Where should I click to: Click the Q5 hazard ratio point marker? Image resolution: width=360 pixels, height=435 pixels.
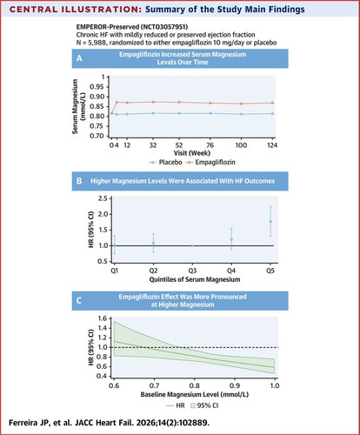coord(270,221)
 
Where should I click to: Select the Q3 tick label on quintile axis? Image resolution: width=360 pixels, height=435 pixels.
coord(192,271)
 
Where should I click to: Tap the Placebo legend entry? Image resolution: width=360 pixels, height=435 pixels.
coord(165,163)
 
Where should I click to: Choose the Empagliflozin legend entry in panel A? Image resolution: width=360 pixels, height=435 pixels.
coord(210,163)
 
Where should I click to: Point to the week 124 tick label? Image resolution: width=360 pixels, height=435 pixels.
coord(272,145)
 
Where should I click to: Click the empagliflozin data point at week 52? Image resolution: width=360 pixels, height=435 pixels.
coord(179,102)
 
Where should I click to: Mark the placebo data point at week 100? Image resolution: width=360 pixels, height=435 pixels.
coord(242,114)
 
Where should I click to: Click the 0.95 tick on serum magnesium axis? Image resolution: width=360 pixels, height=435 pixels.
coord(97,87)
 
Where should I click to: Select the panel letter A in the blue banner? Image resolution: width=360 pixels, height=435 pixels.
coord(79,58)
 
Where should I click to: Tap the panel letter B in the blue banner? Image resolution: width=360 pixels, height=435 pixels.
coord(79,181)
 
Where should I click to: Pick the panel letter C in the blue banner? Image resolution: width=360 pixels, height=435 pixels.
coord(79,300)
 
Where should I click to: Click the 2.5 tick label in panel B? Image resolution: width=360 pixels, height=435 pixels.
coord(103,198)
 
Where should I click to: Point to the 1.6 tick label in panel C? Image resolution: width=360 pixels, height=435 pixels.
coord(103,318)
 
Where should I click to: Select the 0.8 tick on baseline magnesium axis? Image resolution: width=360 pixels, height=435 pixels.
coord(195,385)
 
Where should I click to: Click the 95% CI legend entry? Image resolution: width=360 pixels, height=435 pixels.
coord(204,405)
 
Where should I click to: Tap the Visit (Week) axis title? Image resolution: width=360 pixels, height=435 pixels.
coord(192,153)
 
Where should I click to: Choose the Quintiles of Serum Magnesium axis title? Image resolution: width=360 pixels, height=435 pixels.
coord(195,279)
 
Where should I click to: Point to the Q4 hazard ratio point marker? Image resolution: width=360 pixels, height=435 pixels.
coord(231,239)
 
